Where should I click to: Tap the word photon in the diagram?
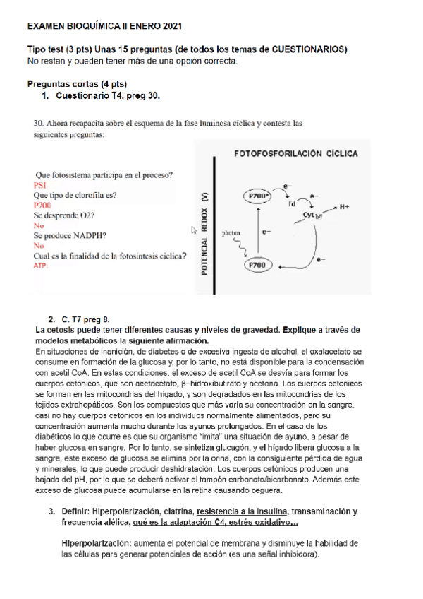231,232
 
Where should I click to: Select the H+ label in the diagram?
344,207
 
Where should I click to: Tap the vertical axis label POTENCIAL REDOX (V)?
203,234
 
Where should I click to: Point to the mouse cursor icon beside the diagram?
195,229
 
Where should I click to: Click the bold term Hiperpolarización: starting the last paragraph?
97,544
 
